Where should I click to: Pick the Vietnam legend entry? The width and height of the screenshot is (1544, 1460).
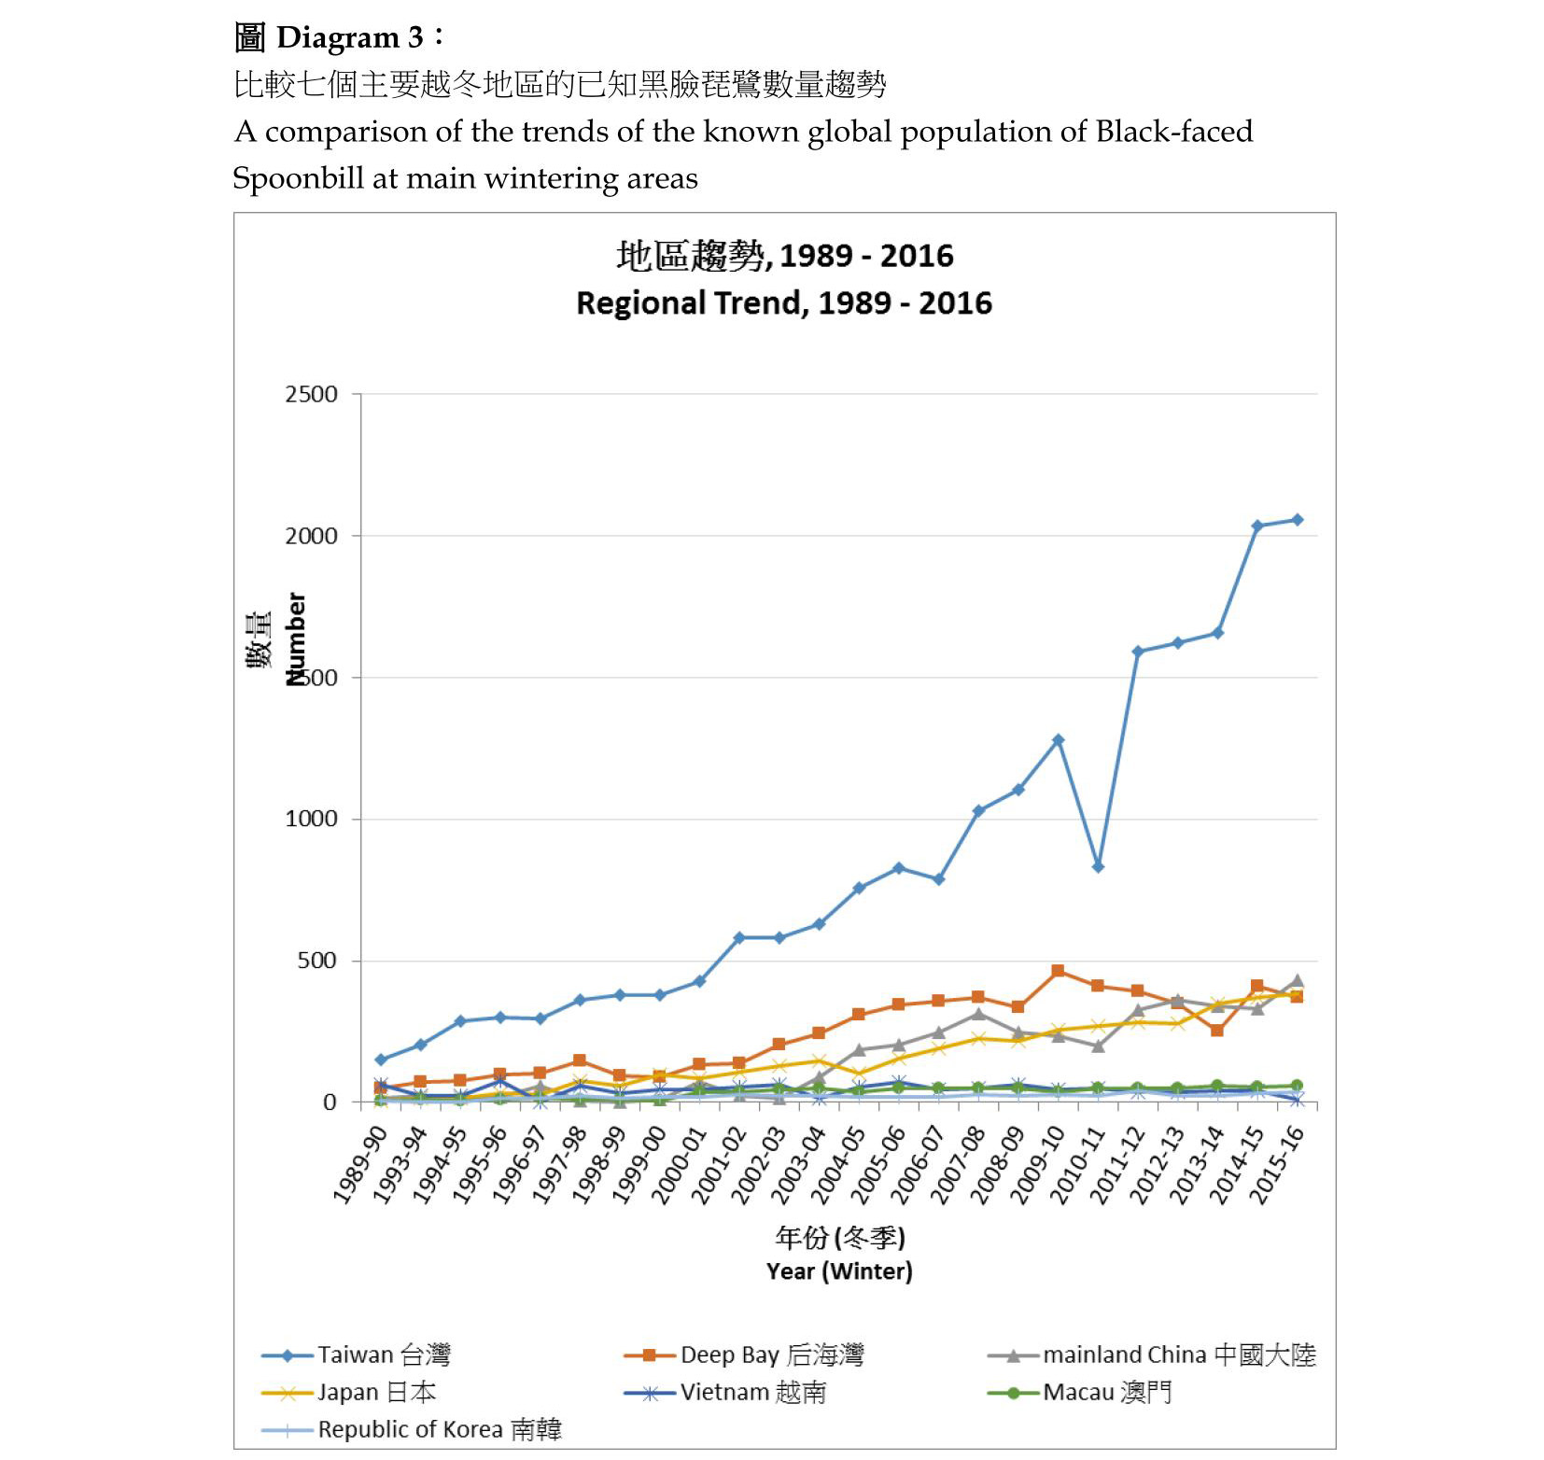coord(752,1392)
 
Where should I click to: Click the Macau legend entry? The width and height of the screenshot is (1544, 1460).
coord(1106,1392)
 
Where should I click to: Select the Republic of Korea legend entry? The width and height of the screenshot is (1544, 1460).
coord(439,1429)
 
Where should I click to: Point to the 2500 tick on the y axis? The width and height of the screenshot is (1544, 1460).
coord(312,395)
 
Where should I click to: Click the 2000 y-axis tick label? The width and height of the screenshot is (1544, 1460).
coord(312,536)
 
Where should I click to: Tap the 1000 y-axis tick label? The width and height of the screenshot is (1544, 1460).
coord(312,819)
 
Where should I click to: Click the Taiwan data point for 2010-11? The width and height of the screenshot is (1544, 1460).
coord(1098,867)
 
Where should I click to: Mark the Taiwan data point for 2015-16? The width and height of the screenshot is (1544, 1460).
coord(1297,520)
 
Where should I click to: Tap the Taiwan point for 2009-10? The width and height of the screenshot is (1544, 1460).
coord(1058,740)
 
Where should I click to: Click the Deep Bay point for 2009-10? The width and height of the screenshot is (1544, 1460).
coord(1058,971)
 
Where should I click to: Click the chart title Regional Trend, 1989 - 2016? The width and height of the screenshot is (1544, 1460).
coord(784,303)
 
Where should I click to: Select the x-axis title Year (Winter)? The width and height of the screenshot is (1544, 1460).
coord(839,1271)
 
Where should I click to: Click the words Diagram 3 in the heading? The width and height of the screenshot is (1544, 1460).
coord(350,37)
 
